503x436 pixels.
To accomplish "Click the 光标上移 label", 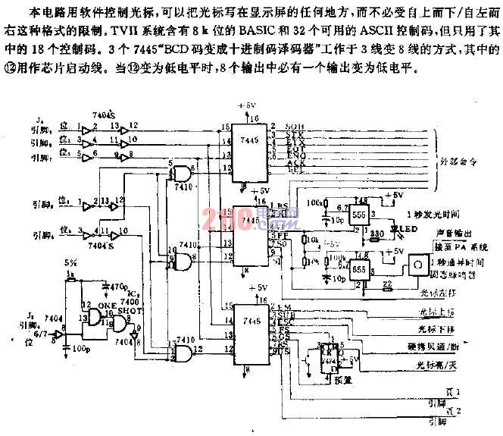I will [x=436, y=312].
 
